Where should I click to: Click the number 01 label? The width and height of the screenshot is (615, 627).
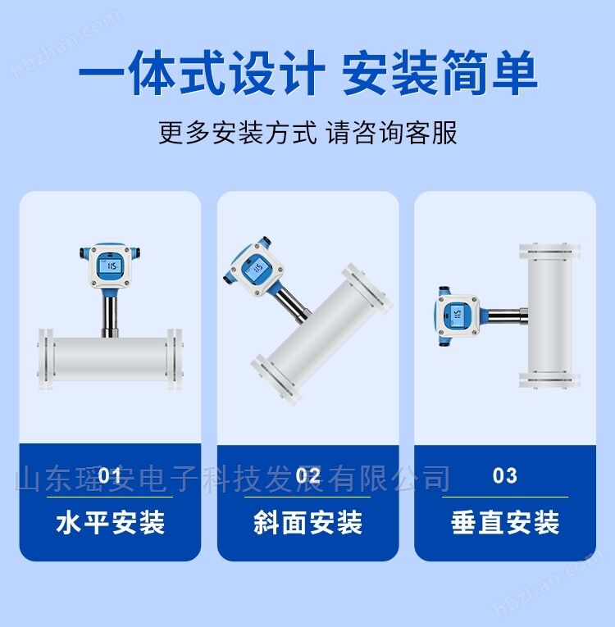tap(110, 476)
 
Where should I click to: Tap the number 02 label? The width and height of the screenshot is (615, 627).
tap(307, 476)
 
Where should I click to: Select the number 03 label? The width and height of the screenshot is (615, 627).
tap(504, 476)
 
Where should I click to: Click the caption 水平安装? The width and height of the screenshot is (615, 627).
tap(110, 522)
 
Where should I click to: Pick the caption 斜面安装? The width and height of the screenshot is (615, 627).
tap(307, 522)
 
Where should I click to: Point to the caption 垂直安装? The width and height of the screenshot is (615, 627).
tap(504, 522)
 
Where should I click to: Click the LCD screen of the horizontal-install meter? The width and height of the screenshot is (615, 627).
tap(110, 266)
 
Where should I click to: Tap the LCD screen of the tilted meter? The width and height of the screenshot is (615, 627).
tap(256, 267)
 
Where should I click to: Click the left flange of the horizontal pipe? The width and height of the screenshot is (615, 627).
tap(46, 360)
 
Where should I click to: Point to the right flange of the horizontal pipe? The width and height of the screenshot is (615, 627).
tap(175, 360)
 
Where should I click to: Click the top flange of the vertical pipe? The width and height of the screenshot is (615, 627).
tap(549, 252)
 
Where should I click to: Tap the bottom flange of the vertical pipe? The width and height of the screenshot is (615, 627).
tap(549, 379)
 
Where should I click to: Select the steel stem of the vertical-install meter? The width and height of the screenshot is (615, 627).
tap(508, 316)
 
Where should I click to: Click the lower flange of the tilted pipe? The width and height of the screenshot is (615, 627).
tap(276, 379)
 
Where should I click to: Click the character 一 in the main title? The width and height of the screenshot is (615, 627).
tap(102, 74)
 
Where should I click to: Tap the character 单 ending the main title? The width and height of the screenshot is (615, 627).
tap(513, 73)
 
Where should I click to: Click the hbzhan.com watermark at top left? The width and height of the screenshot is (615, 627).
tap(66, 44)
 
